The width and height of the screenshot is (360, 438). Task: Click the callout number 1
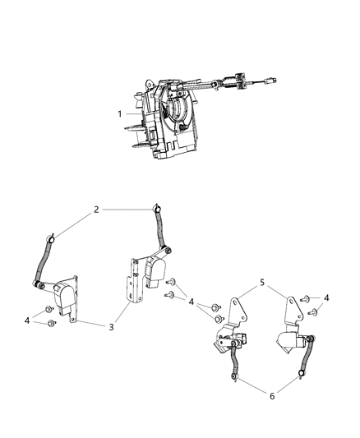[x=121, y=113]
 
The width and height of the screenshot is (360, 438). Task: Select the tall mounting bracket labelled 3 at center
[x=131, y=284]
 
